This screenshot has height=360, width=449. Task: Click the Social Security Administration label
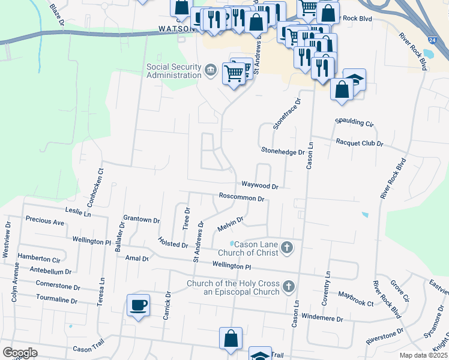pyautogui.click(x=174, y=71)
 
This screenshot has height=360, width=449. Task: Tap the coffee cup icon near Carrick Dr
pyautogui.click(x=138, y=305)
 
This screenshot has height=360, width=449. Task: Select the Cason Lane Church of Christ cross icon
pyautogui.click(x=287, y=247)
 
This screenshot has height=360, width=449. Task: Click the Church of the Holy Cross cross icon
pyautogui.click(x=289, y=287)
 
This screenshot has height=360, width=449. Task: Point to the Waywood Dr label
pyautogui.click(x=260, y=186)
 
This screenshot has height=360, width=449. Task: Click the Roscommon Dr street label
pyautogui.click(x=242, y=197)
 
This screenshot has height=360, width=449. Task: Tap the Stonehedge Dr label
pyautogui.click(x=283, y=151)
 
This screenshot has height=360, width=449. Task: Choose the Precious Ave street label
pyautogui.click(x=44, y=222)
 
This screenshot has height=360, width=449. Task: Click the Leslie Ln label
pyautogui.click(x=79, y=213)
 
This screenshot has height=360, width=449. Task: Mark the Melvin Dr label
pyautogui.click(x=230, y=224)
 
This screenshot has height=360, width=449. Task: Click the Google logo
pyautogui.click(x=20, y=353)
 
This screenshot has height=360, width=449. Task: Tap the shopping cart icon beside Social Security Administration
pyautogui.click(x=234, y=73)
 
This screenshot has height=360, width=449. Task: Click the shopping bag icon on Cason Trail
pyautogui.click(x=231, y=338)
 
